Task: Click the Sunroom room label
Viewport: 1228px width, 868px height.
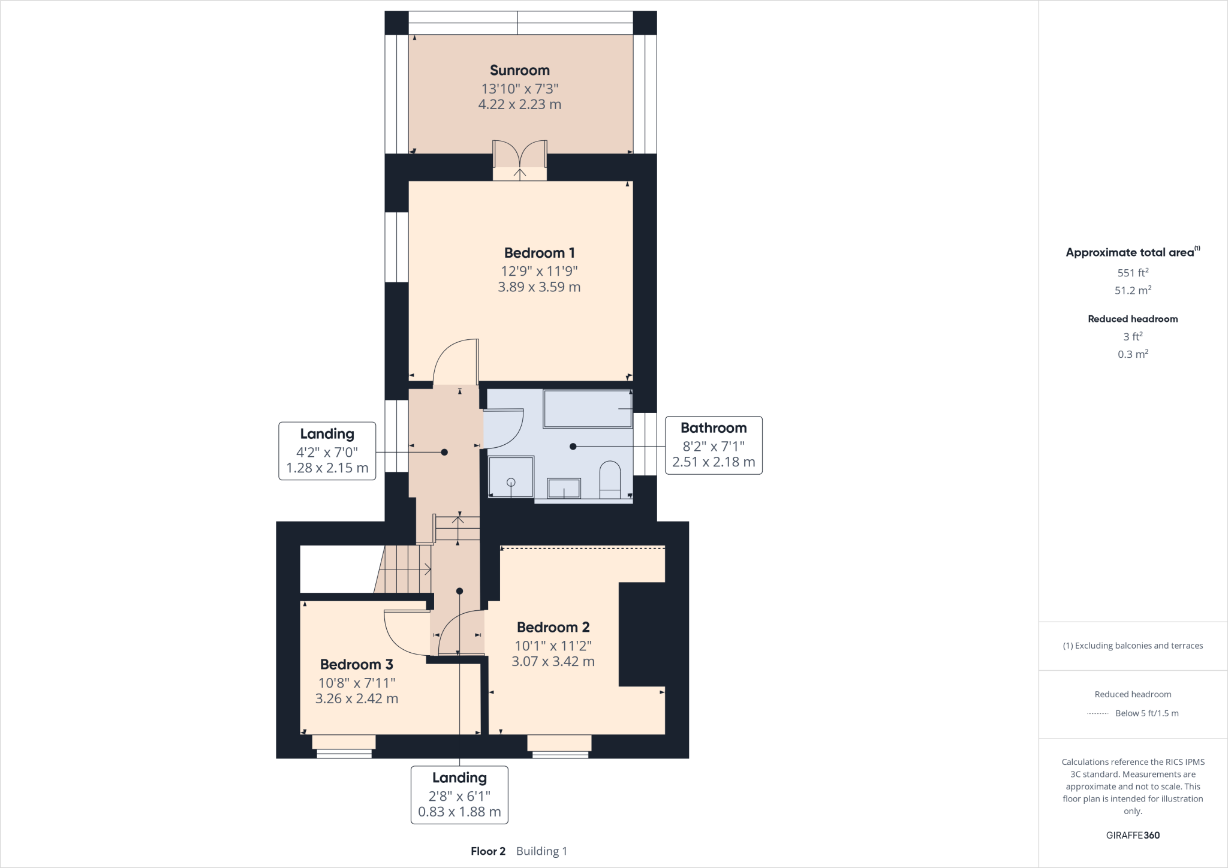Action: [519, 70]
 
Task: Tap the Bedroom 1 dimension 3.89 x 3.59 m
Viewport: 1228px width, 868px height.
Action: [539, 287]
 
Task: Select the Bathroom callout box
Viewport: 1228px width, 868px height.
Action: [714, 445]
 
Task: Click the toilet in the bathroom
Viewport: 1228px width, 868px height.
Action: [610, 480]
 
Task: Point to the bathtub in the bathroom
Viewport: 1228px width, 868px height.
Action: [588, 409]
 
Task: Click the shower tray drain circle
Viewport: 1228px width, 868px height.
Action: [511, 482]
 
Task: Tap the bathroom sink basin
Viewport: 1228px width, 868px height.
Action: [564, 489]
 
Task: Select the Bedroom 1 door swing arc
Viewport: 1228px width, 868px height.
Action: [455, 360]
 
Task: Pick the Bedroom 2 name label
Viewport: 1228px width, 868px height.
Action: [553, 627]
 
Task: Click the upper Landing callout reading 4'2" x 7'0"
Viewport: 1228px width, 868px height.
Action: [327, 451]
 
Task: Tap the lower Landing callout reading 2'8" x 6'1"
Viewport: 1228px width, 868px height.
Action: [459, 795]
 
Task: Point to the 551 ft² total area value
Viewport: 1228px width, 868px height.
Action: [1132, 273]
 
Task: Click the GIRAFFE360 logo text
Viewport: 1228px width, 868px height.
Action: [1132, 835]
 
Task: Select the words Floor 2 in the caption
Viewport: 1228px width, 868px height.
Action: [488, 851]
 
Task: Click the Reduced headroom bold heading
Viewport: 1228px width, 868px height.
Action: [1132, 319]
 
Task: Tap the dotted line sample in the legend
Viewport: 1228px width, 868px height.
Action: [1097, 713]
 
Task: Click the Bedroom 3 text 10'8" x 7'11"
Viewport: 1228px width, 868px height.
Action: [357, 683]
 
